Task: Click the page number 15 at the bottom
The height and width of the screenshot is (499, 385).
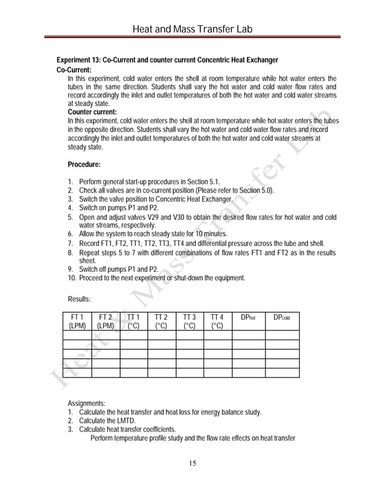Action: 192,463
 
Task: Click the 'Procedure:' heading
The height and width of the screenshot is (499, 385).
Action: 84,164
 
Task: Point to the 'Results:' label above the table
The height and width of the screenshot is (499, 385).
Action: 79,298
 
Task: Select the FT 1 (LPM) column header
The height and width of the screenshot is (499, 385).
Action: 77,321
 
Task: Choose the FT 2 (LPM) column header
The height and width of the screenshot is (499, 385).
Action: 105,321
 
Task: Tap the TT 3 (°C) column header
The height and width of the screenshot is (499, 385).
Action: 189,321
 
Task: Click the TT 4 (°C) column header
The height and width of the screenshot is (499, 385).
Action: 217,321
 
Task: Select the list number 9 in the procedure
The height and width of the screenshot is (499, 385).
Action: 70,269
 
